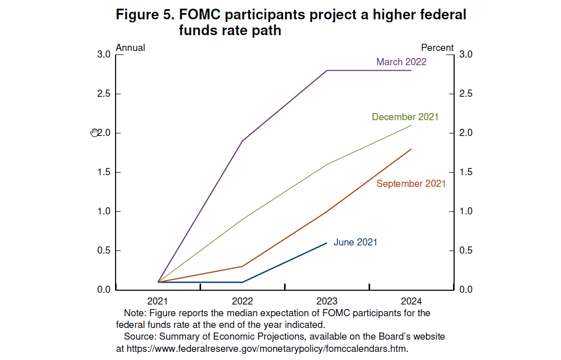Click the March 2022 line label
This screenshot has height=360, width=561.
coord(401,62)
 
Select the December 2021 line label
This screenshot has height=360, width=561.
coord(405,117)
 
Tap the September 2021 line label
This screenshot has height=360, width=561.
coord(411,184)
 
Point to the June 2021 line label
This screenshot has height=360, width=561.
coord(355,242)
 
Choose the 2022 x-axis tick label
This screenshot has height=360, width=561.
coord(242,301)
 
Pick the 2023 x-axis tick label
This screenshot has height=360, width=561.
coord(327,301)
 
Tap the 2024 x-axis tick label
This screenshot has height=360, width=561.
coord(411,301)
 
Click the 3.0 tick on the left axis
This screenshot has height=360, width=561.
coord(104,55)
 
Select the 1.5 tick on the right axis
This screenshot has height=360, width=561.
coord(466,173)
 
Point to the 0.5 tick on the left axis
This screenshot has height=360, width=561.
coord(104,251)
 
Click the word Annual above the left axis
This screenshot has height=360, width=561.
coord(130,48)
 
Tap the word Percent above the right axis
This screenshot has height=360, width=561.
coord(437,48)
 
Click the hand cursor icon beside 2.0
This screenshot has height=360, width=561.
coord(94,133)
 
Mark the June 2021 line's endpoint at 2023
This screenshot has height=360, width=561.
coord(327,243)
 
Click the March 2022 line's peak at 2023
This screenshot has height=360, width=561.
coord(327,70)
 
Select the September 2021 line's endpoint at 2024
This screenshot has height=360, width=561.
coord(411,149)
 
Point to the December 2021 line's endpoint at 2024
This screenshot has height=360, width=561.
coord(411,125)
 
